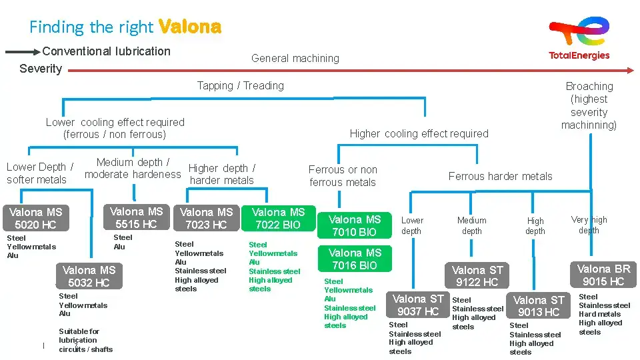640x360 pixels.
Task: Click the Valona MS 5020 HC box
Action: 35,218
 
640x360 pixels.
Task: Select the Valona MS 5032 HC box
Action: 89,276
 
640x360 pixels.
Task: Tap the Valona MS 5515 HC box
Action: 136,217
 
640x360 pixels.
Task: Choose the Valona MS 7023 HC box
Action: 207,218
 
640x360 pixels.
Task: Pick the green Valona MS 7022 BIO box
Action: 278,218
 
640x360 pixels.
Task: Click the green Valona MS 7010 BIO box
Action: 355,225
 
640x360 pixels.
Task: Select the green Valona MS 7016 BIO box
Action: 355,259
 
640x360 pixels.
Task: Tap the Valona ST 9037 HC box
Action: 418,305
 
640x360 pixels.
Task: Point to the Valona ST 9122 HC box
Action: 477,275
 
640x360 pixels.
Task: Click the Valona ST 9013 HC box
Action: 539,306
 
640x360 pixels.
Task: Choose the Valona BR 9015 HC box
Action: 603,275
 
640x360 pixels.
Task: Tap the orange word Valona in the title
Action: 190,27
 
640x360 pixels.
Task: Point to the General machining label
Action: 295,59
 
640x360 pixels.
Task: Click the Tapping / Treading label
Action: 240,85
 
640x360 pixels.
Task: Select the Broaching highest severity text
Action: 589,105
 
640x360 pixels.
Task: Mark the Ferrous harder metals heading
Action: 500,176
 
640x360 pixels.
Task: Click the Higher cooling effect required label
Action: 419,133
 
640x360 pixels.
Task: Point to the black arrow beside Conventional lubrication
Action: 22,51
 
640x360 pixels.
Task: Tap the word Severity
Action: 41,69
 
